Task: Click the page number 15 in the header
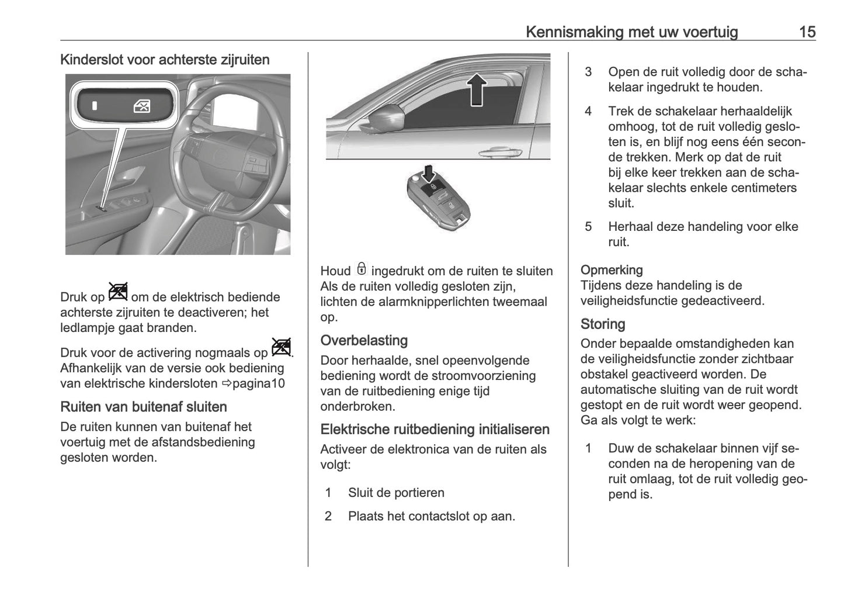(807, 32)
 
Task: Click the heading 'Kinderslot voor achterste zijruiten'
(165, 60)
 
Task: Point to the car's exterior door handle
(499, 151)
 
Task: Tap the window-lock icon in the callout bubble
(142, 106)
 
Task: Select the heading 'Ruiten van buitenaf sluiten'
(144, 407)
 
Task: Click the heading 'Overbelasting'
(364, 341)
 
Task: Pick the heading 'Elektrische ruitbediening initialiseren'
(435, 430)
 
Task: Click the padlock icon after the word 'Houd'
(362, 269)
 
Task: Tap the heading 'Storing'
(603, 324)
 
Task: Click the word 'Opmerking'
(612, 270)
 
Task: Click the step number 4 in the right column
(588, 111)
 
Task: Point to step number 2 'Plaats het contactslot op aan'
(328, 516)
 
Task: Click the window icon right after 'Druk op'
(118, 291)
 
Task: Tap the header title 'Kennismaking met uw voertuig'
(631, 32)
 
